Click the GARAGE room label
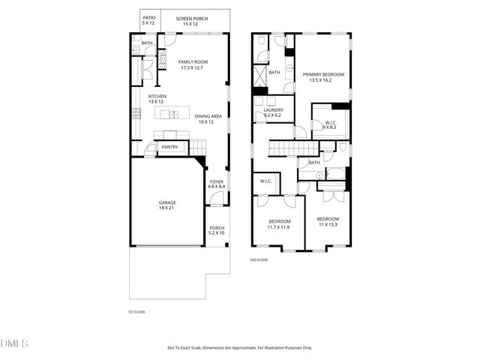pyautogui.click(x=166, y=202)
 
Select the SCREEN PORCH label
pyautogui.click(x=192, y=18)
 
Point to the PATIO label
pyautogui.click(x=148, y=18)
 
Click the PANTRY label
pyautogui.click(x=169, y=147)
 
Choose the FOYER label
pyautogui.click(x=217, y=181)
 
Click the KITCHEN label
pyautogui.click(x=157, y=97)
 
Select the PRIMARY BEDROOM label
pyautogui.click(x=323, y=74)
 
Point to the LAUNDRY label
pyautogui.click(x=273, y=110)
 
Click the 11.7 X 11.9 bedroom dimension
pyautogui.click(x=279, y=226)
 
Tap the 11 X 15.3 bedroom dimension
pyautogui.click(x=328, y=224)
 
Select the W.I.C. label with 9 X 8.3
pyautogui.click(x=329, y=127)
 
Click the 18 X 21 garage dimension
pyautogui.click(x=166, y=208)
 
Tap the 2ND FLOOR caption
pyautogui.click(x=259, y=260)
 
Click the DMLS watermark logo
pyautogui.click(x=14, y=343)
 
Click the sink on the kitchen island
pyautogui.click(x=172, y=115)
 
